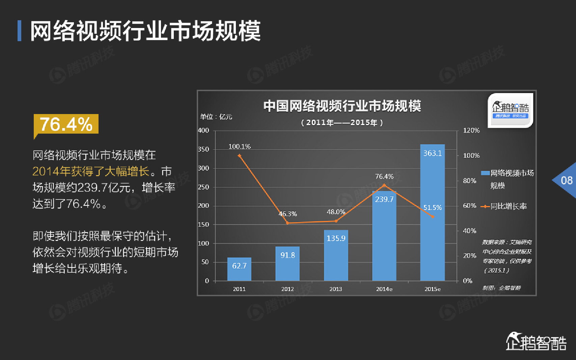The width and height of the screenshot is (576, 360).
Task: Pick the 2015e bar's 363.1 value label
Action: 432,153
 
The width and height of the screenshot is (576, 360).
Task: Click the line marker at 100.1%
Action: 240,156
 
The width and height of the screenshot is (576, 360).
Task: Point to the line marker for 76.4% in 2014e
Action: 384,185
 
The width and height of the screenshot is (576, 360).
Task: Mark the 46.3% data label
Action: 287,214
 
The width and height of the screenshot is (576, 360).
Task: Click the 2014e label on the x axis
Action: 384,289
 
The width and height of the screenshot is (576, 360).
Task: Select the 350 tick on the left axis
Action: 203,149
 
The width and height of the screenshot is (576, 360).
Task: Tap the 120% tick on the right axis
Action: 471,130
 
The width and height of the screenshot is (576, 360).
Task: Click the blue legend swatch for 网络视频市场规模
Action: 485,173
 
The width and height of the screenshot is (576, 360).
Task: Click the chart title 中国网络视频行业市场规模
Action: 342,106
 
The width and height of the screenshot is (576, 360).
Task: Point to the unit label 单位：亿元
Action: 216,117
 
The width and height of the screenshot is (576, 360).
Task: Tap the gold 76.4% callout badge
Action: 66,124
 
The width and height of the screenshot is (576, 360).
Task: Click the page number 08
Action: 567,181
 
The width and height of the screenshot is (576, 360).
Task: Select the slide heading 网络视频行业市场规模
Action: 145,31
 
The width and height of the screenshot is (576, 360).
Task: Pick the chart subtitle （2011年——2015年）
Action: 342,122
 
